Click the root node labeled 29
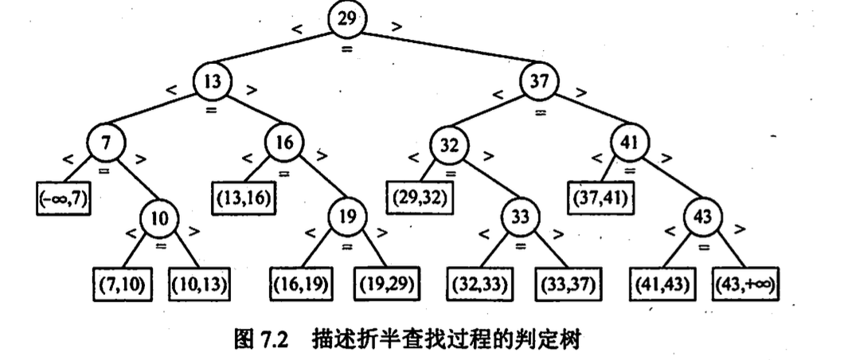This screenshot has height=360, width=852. click(x=347, y=20)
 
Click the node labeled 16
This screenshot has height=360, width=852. click(x=284, y=143)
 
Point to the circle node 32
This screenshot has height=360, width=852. click(x=450, y=147)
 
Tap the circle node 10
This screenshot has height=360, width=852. click(x=160, y=217)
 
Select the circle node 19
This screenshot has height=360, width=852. click(x=344, y=216)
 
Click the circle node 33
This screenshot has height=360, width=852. click(x=518, y=216)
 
